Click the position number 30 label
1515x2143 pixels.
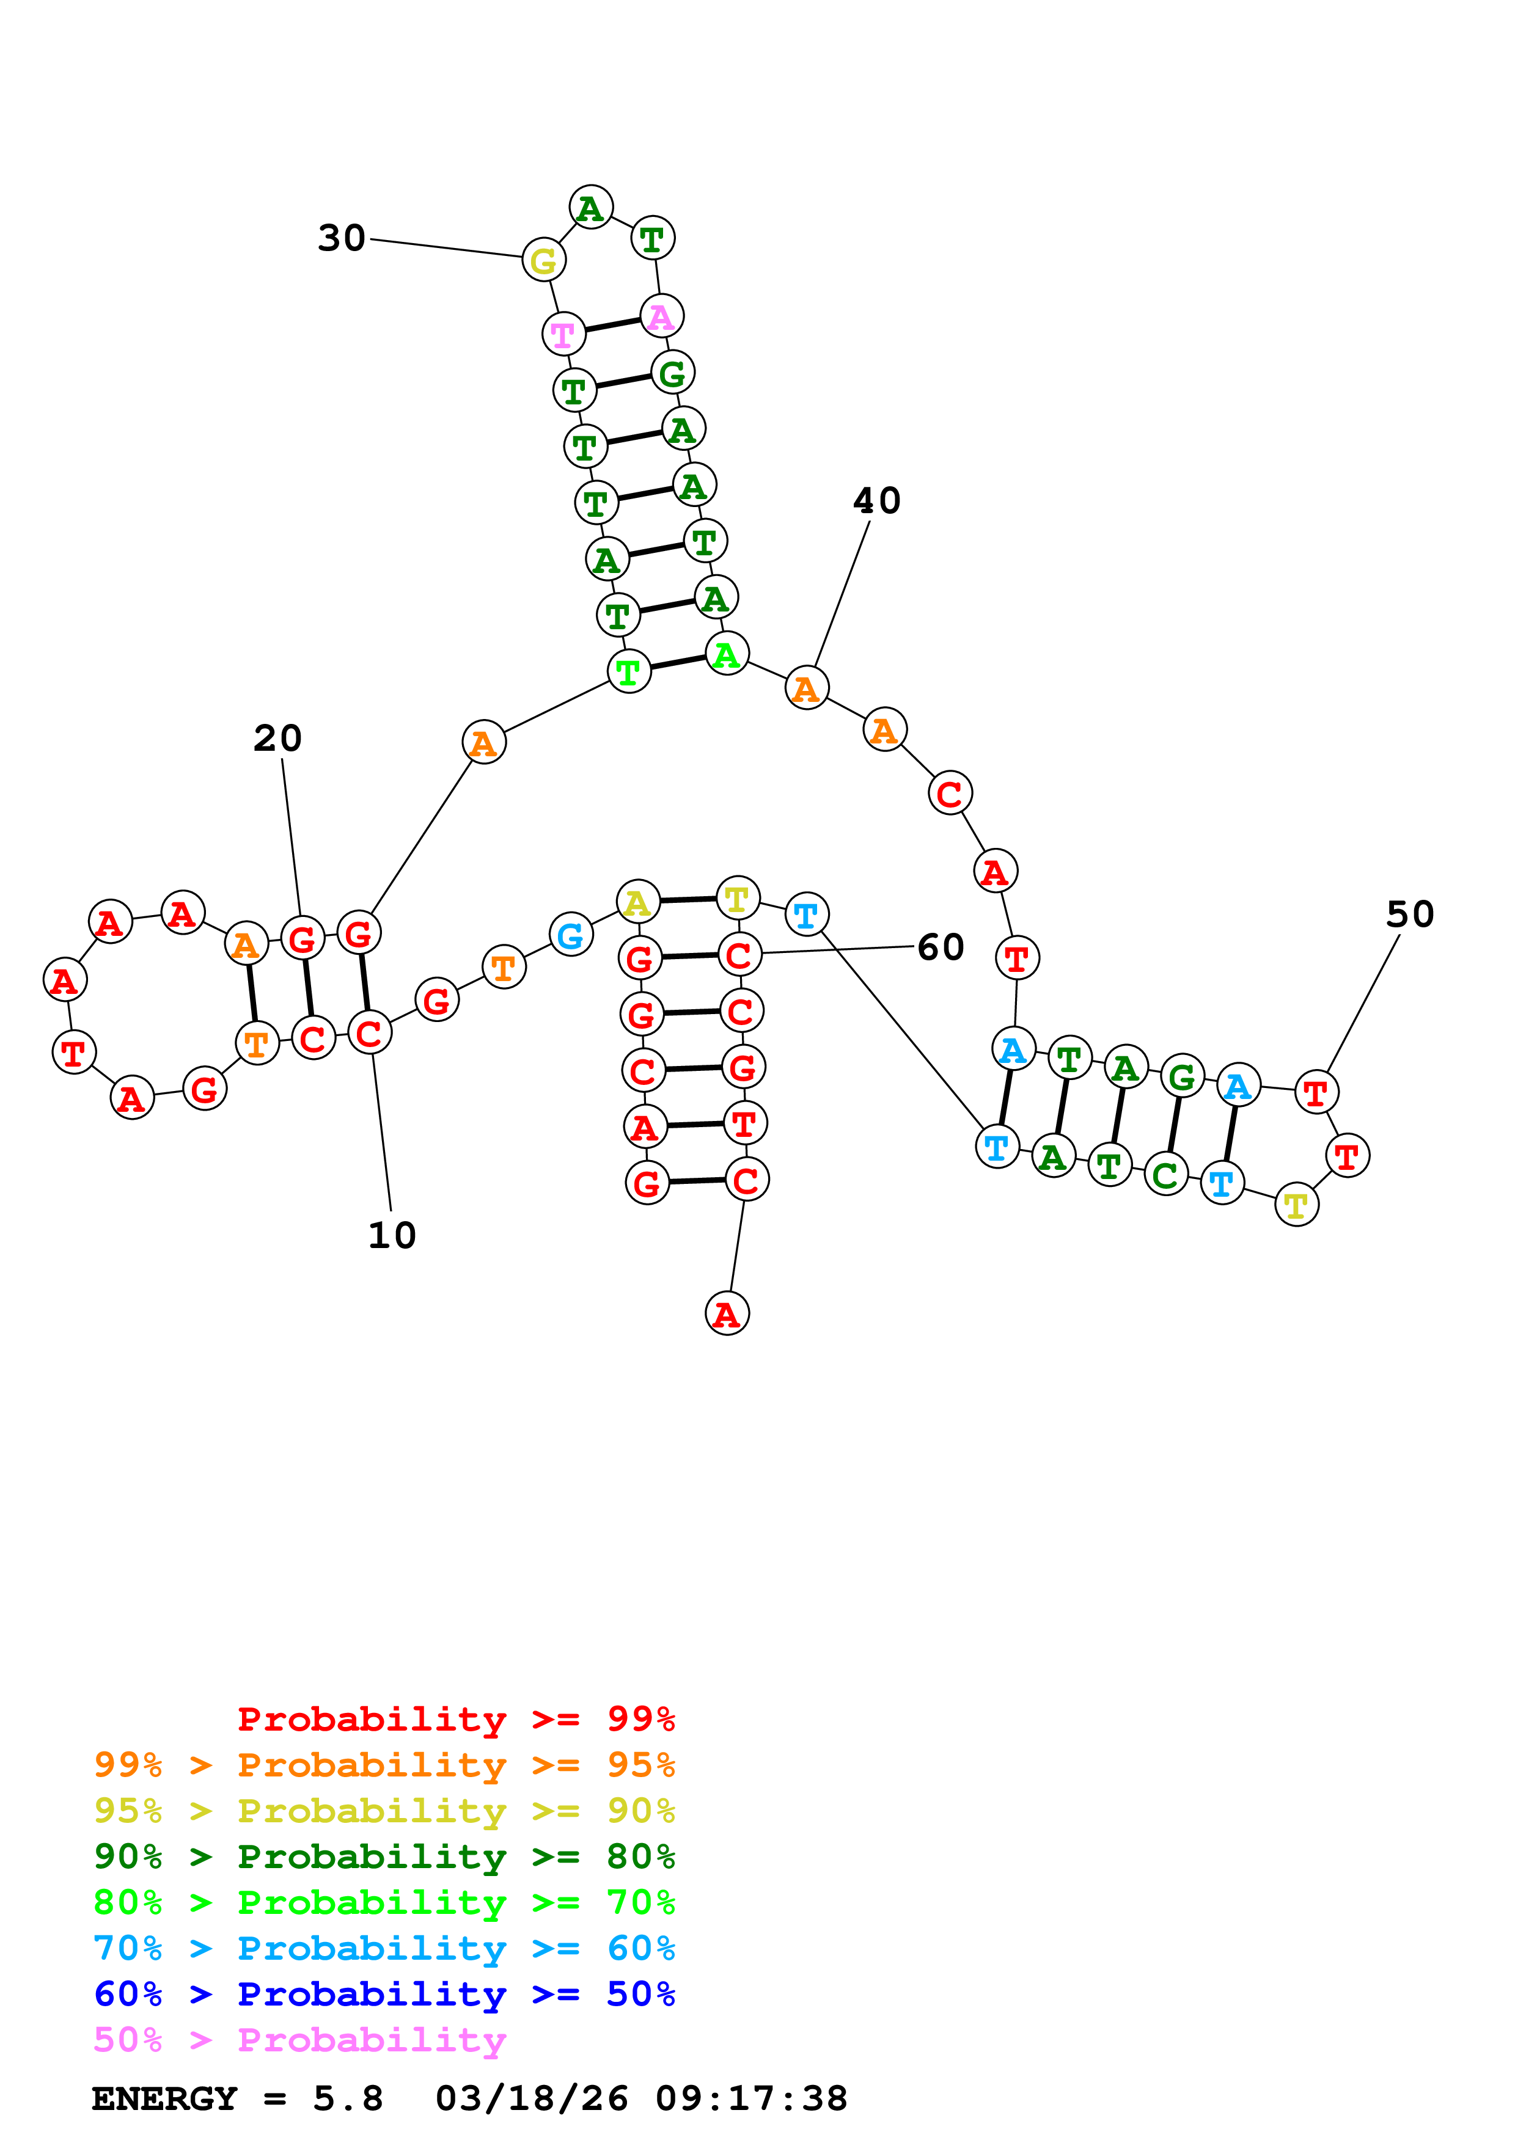(x=342, y=238)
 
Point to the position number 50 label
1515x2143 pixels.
(x=1409, y=915)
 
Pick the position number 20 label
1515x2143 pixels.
(x=278, y=739)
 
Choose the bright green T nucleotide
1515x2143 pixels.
(x=629, y=671)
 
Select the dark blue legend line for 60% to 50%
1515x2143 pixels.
(x=384, y=1995)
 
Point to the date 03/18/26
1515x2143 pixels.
(x=531, y=2099)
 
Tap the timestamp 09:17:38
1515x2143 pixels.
(x=752, y=2099)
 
